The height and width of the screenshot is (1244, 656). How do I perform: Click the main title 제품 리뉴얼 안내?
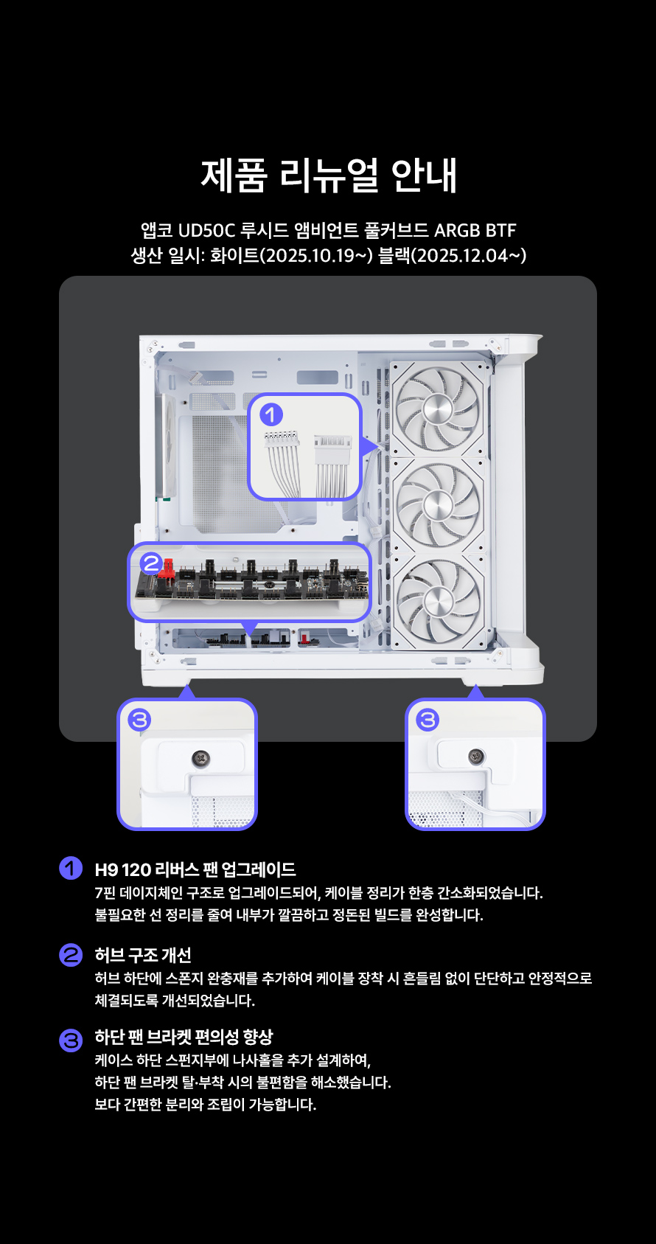pyautogui.click(x=329, y=175)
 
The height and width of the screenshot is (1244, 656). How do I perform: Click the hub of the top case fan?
pyautogui.click(x=438, y=410)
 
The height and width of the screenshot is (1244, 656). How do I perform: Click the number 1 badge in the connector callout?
pyautogui.click(x=271, y=415)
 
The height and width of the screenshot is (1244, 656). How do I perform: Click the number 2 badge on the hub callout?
pyautogui.click(x=151, y=563)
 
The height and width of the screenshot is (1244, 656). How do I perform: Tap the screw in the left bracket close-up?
pyautogui.click(x=200, y=757)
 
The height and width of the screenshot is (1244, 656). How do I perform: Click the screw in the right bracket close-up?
pyautogui.click(x=475, y=756)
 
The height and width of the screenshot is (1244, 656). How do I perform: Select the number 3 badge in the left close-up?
pyautogui.click(x=139, y=720)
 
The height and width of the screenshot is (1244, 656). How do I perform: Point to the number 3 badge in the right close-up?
pyautogui.click(x=428, y=720)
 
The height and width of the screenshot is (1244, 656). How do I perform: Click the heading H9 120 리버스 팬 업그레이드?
pyautogui.click(x=195, y=869)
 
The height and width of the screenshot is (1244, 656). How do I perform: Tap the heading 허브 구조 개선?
pyautogui.click(x=143, y=955)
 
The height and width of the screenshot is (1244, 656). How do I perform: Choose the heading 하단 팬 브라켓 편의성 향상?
pyautogui.click(x=184, y=1037)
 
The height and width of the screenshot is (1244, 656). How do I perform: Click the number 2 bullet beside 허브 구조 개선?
pyautogui.click(x=71, y=955)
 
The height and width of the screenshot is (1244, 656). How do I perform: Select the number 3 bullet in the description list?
pyautogui.click(x=71, y=1040)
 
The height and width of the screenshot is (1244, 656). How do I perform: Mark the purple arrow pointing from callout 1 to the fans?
pyautogui.click(x=369, y=446)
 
